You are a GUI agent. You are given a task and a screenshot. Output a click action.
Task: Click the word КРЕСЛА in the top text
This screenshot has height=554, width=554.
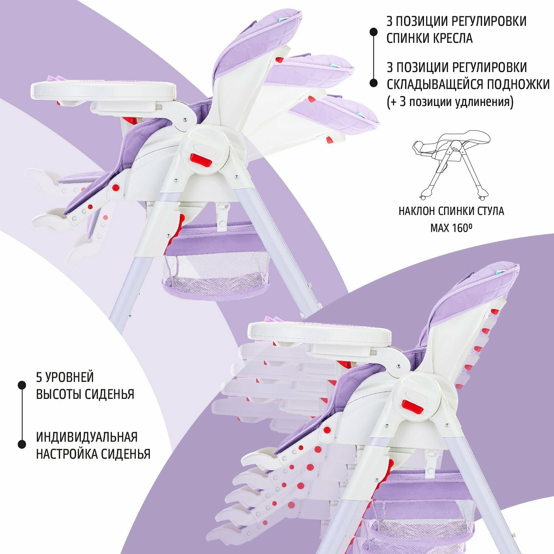[452, 38]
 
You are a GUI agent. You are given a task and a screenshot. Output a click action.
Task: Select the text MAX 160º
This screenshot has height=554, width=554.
[451, 228]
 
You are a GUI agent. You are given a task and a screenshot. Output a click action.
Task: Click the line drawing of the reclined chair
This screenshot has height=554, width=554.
[451, 164]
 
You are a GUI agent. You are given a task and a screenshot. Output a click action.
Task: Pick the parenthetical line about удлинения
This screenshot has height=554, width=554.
[450, 102]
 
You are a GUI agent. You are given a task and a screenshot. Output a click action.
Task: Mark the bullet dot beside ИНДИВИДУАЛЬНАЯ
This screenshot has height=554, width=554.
[22, 444]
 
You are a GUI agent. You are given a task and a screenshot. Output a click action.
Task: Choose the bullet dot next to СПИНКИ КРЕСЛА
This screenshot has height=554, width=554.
[373, 32]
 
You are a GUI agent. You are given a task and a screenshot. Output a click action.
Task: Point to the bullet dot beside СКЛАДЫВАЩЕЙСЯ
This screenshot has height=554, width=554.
[373, 83]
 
